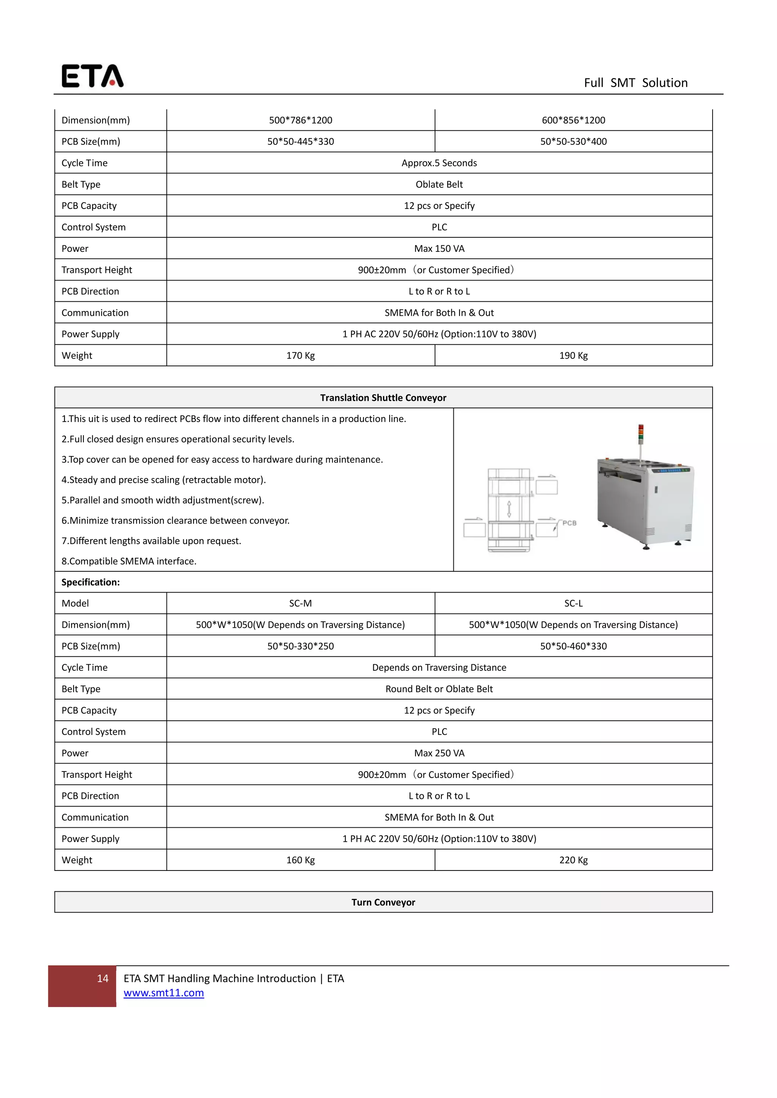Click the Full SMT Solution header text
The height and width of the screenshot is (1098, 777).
635,83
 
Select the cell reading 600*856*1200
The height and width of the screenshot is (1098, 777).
573,120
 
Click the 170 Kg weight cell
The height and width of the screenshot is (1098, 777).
300,356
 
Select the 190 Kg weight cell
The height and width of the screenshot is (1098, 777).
573,356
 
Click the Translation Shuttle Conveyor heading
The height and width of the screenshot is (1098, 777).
383,398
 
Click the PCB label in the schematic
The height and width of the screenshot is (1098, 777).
569,523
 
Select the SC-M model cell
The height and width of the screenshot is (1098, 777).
300,604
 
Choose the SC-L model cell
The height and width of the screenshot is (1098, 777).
573,604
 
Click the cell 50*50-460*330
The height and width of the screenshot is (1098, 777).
573,646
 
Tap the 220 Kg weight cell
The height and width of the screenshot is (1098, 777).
573,860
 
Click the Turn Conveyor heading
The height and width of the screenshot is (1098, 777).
383,902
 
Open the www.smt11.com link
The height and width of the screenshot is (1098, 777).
164,993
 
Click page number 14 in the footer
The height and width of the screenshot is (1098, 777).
102,979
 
